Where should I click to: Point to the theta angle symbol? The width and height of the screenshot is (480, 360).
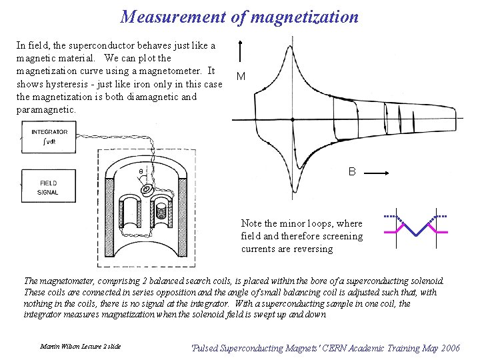(140, 171)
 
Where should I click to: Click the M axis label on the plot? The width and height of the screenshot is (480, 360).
(241, 77)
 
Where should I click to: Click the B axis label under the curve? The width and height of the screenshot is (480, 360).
(352, 172)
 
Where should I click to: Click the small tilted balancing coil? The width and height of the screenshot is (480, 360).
(146, 190)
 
